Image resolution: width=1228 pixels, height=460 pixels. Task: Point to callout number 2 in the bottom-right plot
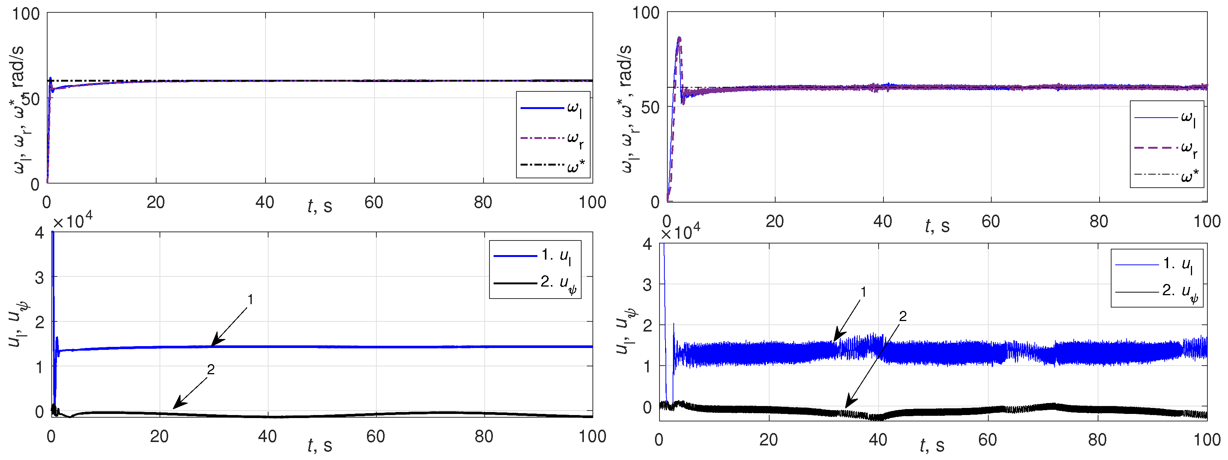click(x=903, y=316)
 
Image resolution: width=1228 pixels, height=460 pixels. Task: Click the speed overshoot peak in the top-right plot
click(x=679, y=38)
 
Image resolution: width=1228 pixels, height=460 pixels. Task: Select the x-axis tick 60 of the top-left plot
click(x=374, y=203)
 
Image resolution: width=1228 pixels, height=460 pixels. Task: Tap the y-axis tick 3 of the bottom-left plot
click(x=39, y=278)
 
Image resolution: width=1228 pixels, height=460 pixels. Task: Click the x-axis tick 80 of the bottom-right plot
click(x=1097, y=439)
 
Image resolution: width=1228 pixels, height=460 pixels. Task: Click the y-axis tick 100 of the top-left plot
click(x=26, y=14)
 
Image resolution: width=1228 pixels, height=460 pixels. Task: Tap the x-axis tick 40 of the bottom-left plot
click(x=267, y=436)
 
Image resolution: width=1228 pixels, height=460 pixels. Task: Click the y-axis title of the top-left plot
click(x=18, y=110)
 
